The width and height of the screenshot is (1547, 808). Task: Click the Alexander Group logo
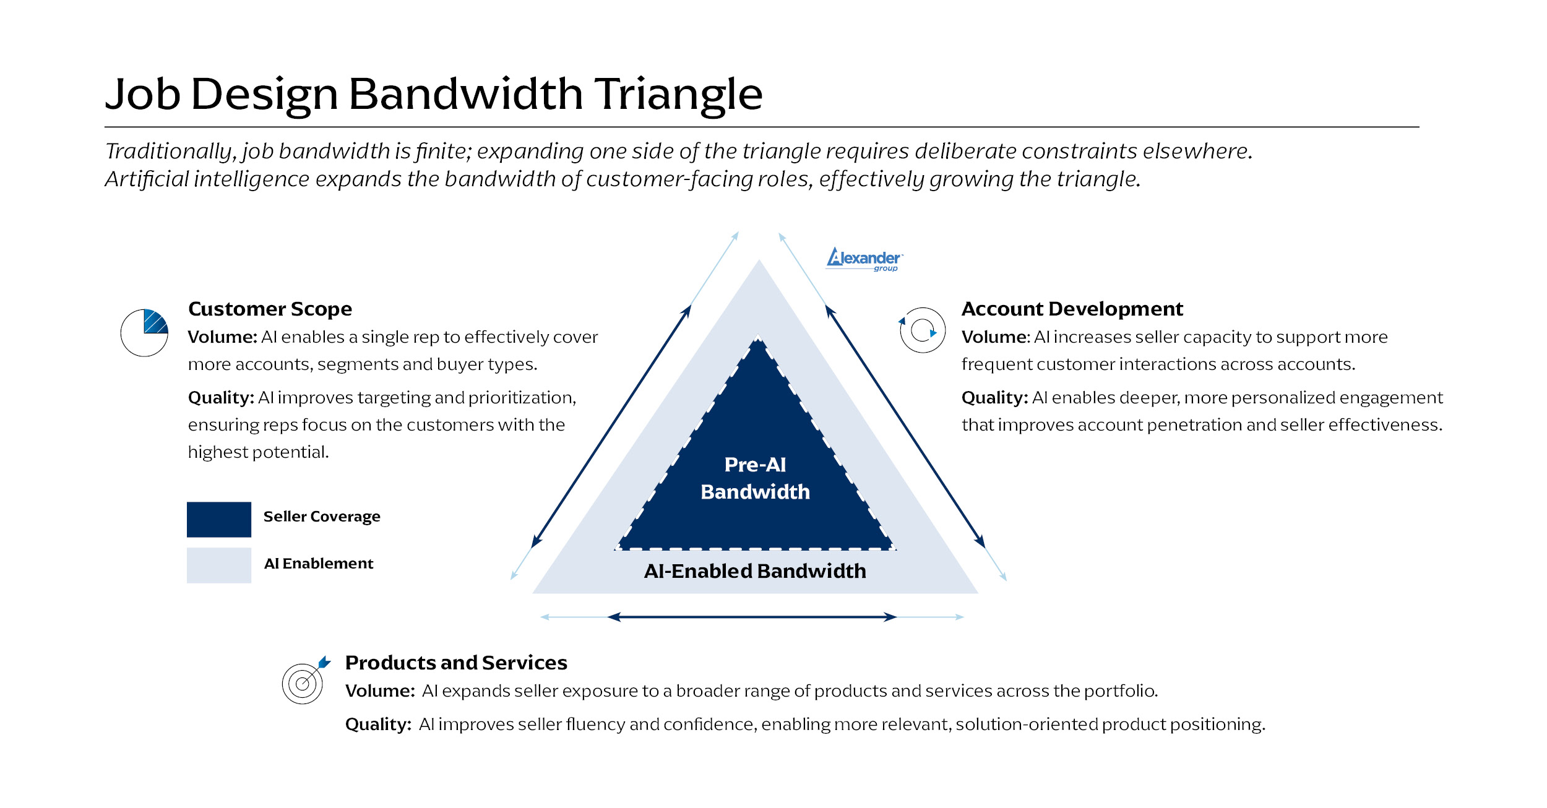pos(864,259)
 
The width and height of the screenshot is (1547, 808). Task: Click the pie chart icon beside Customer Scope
pos(144,333)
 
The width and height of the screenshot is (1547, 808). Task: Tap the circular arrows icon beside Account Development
pos(922,330)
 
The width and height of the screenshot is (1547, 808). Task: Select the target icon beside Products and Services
pos(304,682)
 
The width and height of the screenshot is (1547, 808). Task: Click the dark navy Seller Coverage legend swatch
pos(219,519)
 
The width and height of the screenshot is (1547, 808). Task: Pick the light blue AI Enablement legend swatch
pos(219,565)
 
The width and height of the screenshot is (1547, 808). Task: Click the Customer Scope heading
pos(270,309)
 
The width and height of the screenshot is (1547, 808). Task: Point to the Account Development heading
pos(1072,309)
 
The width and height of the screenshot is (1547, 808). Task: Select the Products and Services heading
pos(456,663)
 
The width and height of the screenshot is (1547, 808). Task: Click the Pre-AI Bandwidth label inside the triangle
pos(755,478)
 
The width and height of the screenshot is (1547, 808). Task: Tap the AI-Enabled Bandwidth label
pos(755,571)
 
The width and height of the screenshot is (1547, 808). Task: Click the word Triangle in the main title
pos(679,95)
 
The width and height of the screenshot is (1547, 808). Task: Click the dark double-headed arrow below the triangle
pos(752,617)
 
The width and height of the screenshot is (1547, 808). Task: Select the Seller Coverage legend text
pos(322,517)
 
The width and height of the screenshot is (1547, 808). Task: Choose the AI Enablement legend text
pos(319,564)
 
